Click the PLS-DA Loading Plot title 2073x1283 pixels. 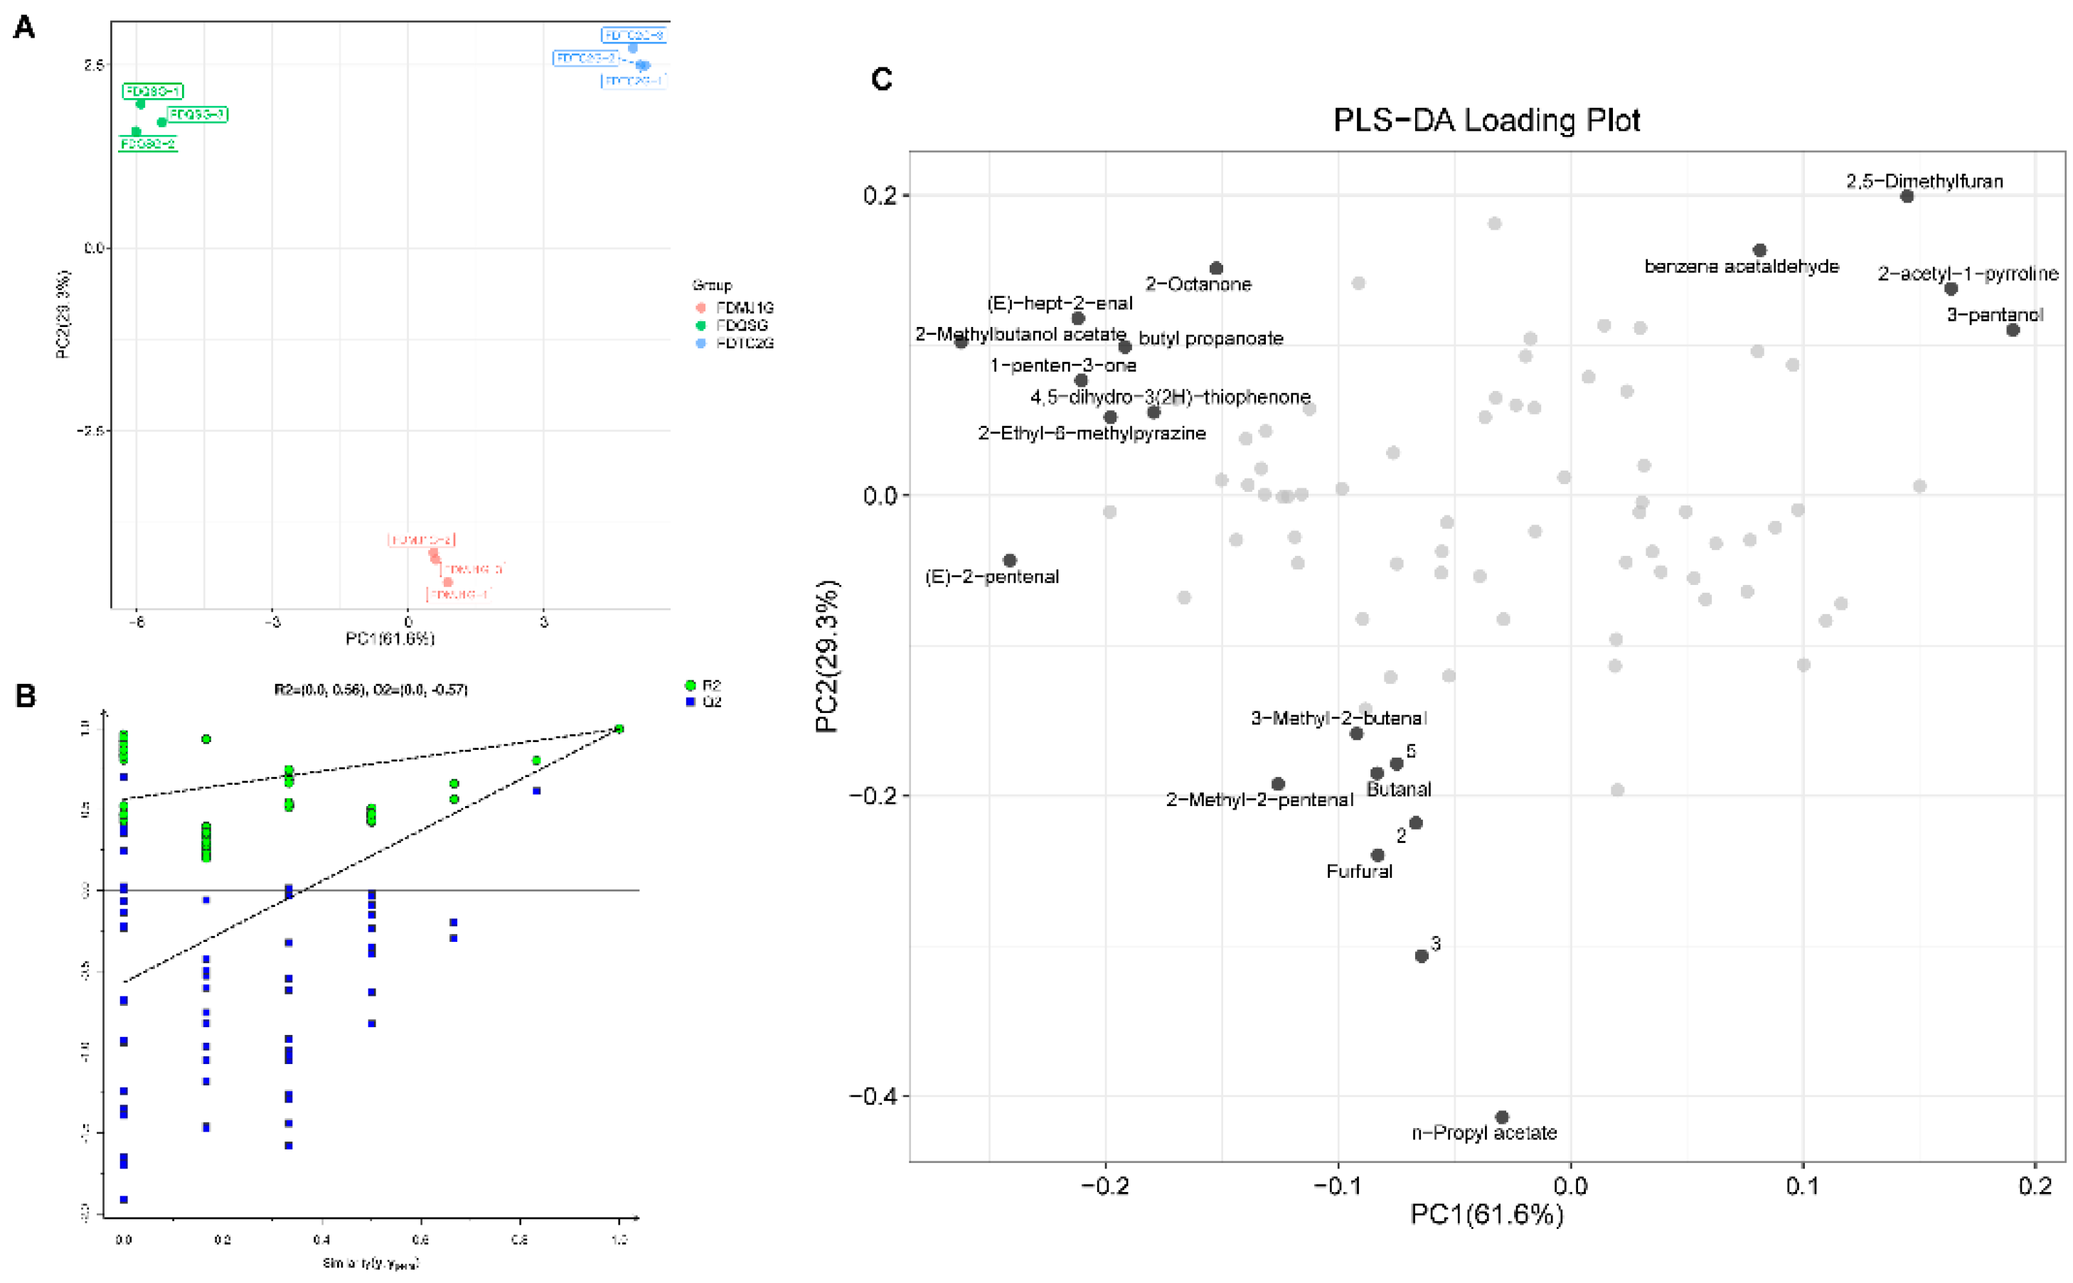[x=1486, y=121]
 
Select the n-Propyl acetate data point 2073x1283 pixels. [x=1502, y=1117]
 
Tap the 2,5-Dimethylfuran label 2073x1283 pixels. [x=1924, y=181]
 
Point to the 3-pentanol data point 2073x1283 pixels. [x=2013, y=329]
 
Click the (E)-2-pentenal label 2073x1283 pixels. [x=991, y=577]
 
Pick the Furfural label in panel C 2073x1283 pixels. [x=1359, y=871]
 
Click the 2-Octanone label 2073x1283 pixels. [x=1198, y=284]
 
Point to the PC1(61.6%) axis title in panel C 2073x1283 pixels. [x=1486, y=1214]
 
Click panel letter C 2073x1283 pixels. [x=881, y=80]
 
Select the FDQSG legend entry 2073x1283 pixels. [x=741, y=325]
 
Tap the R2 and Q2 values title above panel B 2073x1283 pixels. [x=371, y=689]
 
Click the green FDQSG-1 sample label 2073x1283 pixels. [x=153, y=91]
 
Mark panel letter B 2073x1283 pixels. [x=26, y=697]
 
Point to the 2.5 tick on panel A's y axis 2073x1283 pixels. [x=93, y=65]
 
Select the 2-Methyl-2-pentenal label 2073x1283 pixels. [x=1259, y=800]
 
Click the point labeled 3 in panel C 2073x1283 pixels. [x=1421, y=956]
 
